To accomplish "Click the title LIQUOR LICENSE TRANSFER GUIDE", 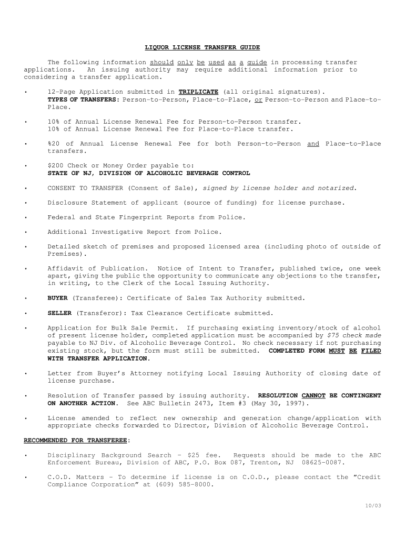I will pyautogui.click(x=202, y=47).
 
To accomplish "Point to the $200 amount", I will pyautogui.click(x=55, y=166).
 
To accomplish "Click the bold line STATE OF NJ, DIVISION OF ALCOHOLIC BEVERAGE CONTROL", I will pyautogui.click(x=149, y=173).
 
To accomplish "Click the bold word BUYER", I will pyautogui.click(x=57, y=298).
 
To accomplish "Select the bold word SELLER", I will pyautogui.click(x=59, y=313).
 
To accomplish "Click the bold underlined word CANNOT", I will pyautogui.click(x=313, y=395).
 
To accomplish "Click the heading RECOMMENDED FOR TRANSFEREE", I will pyautogui.click(x=77, y=440).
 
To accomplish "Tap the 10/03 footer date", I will pyautogui.click(x=373, y=506).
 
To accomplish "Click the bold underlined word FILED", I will pyautogui.click(x=371, y=351).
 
